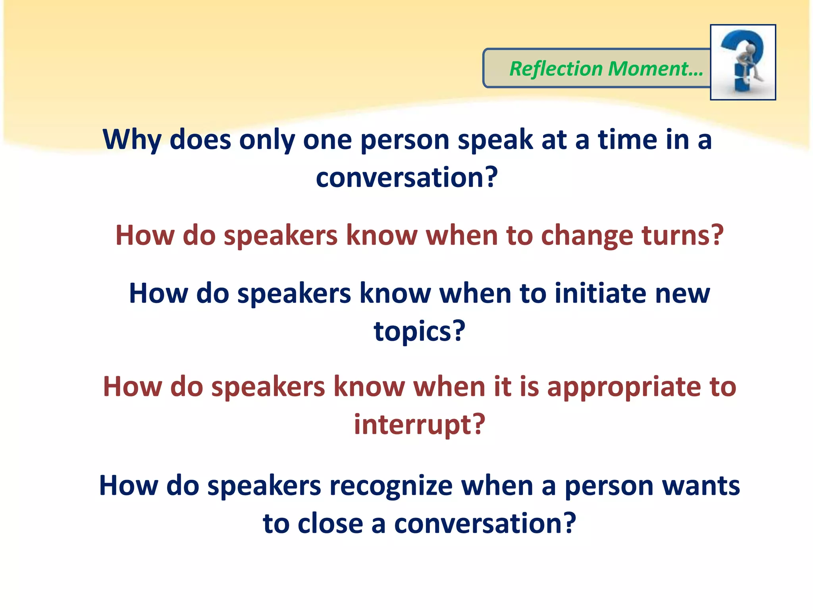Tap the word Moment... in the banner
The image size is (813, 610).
tap(655, 69)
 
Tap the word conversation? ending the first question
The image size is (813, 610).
tap(406, 178)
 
